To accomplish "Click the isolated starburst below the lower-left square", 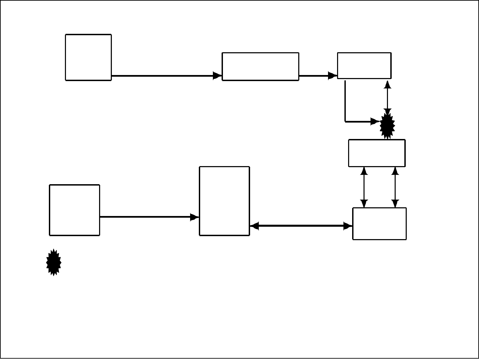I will pyautogui.click(x=54, y=262).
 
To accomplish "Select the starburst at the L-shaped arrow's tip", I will pyautogui.click(x=387, y=126).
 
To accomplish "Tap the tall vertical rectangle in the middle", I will pyautogui.click(x=224, y=201).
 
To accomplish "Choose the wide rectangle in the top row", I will pyautogui.click(x=260, y=66).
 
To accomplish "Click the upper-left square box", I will pyautogui.click(x=88, y=57).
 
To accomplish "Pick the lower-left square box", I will pyautogui.click(x=74, y=210).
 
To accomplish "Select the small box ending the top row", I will pyautogui.click(x=364, y=65).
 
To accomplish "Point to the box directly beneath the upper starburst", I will pyautogui.click(x=377, y=153).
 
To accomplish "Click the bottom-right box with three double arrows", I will pyautogui.click(x=379, y=224).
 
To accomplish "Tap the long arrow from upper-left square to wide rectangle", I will pyautogui.click(x=164, y=76).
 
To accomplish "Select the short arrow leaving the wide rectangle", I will pyautogui.click(x=316, y=76).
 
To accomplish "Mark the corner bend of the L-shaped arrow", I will pyautogui.click(x=345, y=121).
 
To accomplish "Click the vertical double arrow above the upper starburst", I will pyautogui.click(x=388, y=97).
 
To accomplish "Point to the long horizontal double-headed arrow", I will pyautogui.click(x=301, y=226).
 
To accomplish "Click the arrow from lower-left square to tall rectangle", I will pyautogui.click(x=147, y=217).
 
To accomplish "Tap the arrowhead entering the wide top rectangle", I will pyautogui.click(x=218, y=76).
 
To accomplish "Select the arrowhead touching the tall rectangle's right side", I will pyautogui.click(x=254, y=226).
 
